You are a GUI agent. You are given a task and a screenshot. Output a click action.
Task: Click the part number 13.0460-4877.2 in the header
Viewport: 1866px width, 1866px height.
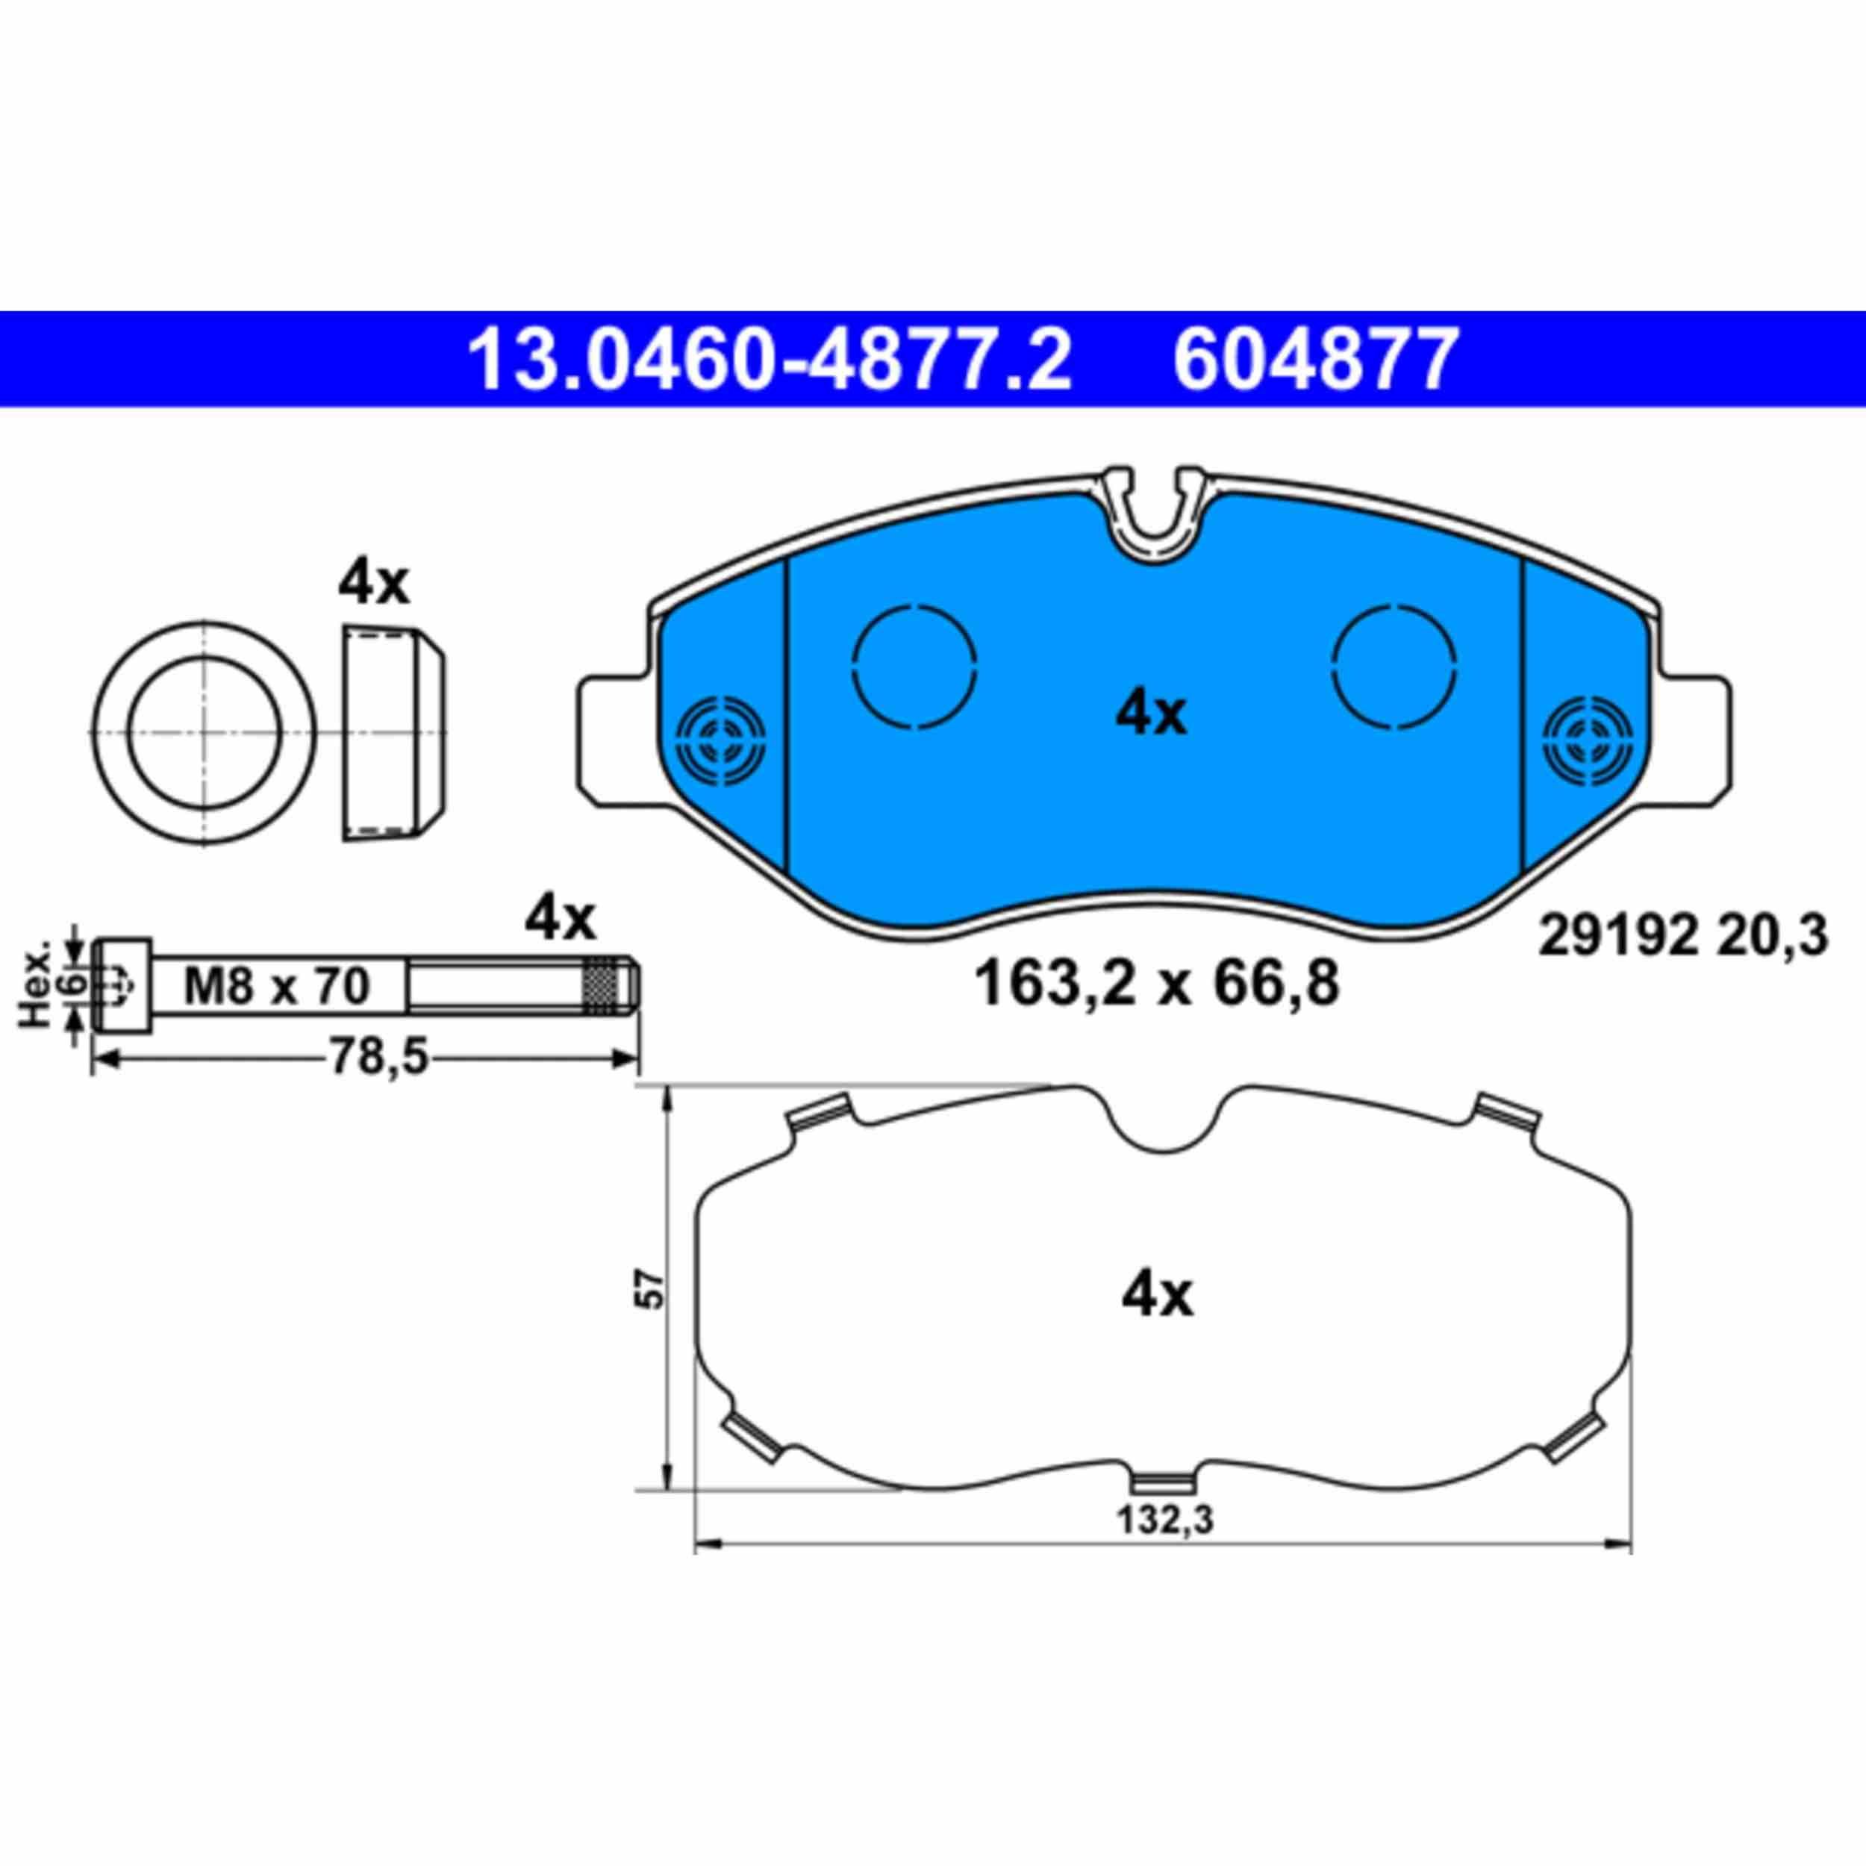[x=769, y=359]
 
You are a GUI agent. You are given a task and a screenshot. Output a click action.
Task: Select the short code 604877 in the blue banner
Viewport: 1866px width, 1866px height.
[x=1314, y=359]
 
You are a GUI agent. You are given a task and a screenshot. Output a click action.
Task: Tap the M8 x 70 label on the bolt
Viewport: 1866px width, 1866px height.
[x=277, y=986]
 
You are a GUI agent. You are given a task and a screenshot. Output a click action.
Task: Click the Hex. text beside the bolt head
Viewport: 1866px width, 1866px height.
[x=37, y=986]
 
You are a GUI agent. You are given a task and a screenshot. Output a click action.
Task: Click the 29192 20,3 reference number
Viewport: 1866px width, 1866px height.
[x=1682, y=937]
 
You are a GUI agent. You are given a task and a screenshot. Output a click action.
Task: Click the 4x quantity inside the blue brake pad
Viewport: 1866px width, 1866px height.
[x=1151, y=715]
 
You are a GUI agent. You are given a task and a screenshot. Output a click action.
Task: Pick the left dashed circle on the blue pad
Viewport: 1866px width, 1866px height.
[x=914, y=666]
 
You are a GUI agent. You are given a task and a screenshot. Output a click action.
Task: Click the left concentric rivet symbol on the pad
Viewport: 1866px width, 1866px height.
[x=723, y=739]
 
